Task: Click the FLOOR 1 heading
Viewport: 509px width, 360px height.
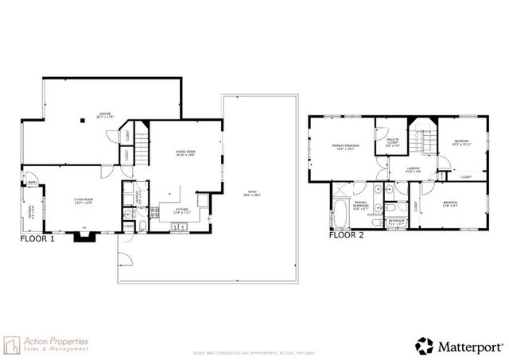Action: (37, 238)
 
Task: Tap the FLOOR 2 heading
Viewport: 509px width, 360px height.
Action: (346, 235)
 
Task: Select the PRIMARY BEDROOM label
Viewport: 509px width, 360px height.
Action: (346, 146)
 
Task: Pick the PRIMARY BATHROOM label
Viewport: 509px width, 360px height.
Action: (362, 205)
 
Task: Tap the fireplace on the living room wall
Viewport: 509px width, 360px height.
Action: (84, 234)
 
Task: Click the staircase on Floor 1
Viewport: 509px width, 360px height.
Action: (142, 145)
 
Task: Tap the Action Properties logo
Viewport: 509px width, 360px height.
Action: (48, 344)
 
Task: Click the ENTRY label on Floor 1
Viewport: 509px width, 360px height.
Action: (33, 184)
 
